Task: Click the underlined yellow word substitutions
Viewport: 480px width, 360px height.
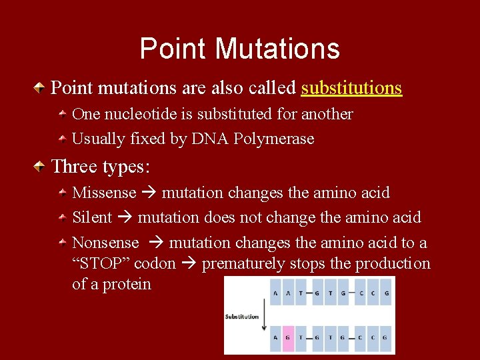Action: [x=351, y=88]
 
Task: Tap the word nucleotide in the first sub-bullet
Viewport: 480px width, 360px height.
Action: [x=135, y=114]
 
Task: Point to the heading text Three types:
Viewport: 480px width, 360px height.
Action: [x=101, y=165]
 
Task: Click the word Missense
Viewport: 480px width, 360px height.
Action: [x=104, y=193]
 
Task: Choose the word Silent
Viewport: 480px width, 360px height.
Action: [x=92, y=217]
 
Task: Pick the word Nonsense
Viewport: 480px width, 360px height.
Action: [x=105, y=243]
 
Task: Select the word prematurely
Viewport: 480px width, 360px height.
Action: [x=242, y=263]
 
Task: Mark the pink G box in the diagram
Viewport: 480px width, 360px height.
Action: [x=287, y=337]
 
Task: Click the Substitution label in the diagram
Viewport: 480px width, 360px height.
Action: [x=242, y=317]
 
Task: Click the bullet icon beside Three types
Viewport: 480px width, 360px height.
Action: [x=41, y=165]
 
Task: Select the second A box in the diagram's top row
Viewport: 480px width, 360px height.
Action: [x=287, y=292]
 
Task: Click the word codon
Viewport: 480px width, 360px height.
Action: [x=155, y=263]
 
